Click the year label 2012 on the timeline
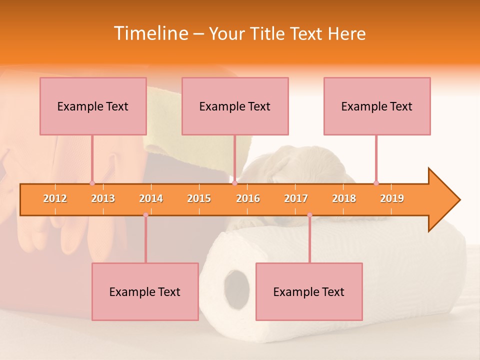click(55, 198)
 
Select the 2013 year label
click(103, 198)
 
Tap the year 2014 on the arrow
click(151, 198)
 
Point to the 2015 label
click(199, 198)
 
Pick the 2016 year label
click(248, 198)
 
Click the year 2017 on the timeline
click(296, 198)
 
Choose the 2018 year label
click(344, 198)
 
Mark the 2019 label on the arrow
click(392, 198)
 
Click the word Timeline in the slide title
click(150, 33)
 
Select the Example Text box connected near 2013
click(93, 106)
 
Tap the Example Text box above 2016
click(235, 106)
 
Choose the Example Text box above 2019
click(377, 106)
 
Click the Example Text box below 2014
click(145, 291)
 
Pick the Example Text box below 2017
click(309, 291)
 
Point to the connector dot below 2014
click(145, 215)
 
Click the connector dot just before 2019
click(376, 183)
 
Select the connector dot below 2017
click(309, 215)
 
